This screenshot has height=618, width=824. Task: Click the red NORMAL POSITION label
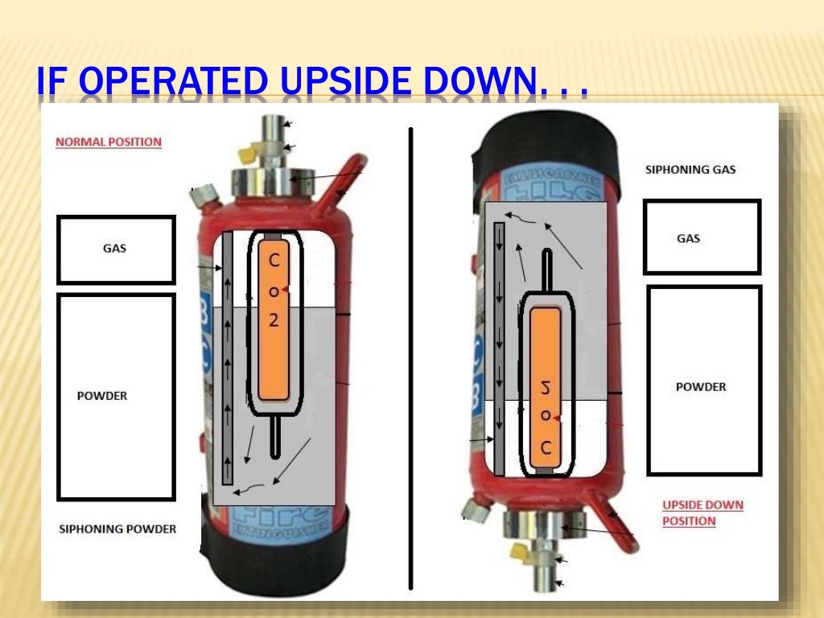108,142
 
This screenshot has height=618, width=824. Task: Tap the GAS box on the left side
116,249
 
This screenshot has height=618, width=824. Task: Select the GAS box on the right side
702,237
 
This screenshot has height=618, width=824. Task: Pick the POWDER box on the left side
116,397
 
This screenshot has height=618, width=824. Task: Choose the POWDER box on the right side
703,380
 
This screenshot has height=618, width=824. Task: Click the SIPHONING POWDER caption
117,529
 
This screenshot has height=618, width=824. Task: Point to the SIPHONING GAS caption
690,170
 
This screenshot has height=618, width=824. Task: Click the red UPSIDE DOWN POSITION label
702,513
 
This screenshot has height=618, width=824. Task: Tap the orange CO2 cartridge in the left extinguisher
274,321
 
